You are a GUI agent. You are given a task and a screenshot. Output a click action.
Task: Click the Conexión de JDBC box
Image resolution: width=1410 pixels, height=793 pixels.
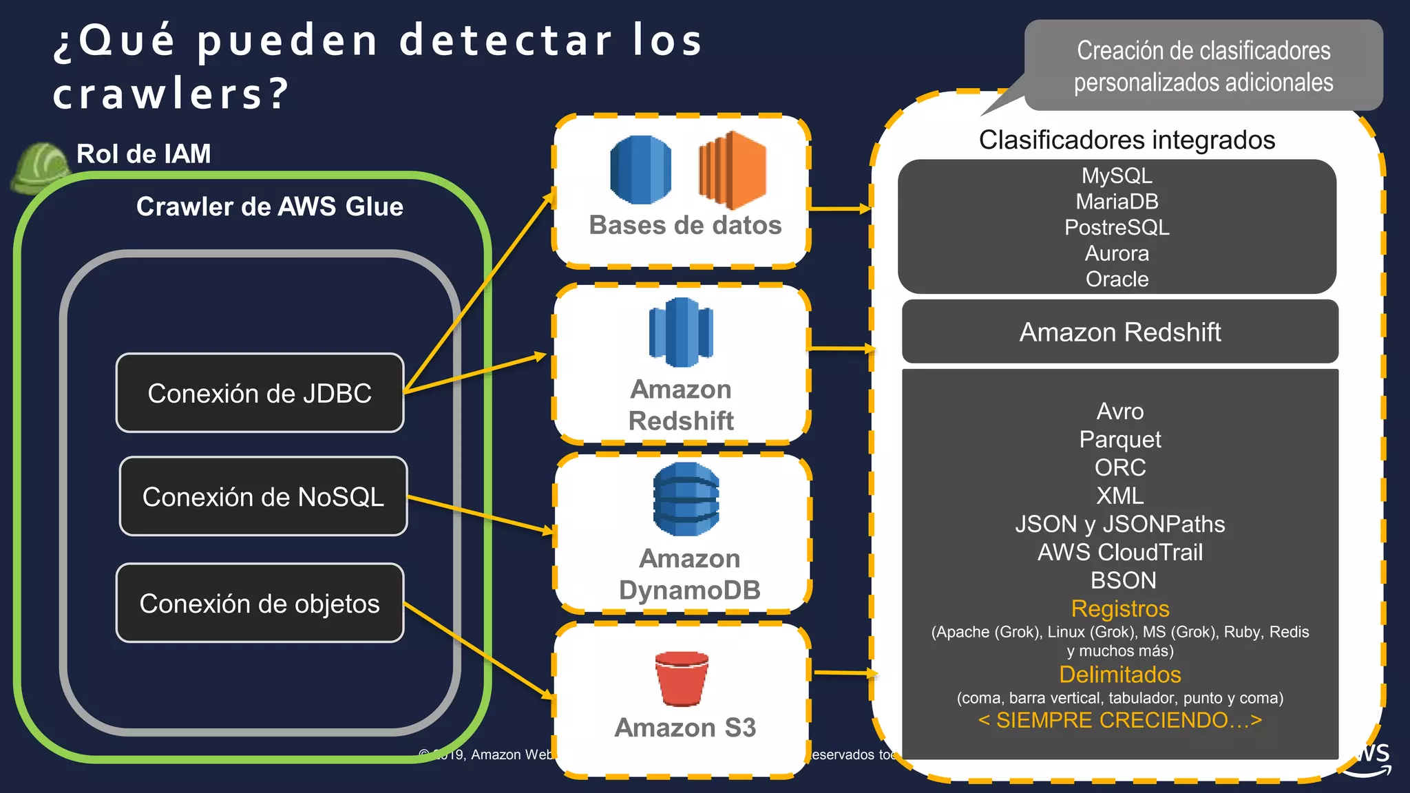tap(260, 393)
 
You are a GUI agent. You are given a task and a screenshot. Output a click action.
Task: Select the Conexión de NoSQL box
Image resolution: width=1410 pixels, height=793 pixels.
tap(263, 496)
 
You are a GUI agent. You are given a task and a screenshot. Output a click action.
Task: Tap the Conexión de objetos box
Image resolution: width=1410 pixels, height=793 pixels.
tap(260, 603)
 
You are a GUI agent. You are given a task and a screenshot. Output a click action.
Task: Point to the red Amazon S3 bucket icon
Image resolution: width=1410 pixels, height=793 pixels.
tap(682, 678)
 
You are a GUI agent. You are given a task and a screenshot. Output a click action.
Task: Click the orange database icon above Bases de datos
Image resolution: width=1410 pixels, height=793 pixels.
tap(732, 170)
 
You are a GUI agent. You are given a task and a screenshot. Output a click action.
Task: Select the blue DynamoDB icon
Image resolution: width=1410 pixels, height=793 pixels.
tap(686, 499)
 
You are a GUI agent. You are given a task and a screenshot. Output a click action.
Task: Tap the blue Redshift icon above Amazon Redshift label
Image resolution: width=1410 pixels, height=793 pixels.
tap(681, 332)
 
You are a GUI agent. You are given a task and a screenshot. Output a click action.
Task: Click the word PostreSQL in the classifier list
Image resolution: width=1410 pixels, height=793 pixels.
tap(1117, 227)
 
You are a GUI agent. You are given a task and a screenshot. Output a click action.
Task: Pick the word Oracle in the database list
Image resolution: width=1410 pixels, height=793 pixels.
tap(1117, 279)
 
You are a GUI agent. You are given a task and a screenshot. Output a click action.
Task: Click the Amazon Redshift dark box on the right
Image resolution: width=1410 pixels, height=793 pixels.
tap(1120, 332)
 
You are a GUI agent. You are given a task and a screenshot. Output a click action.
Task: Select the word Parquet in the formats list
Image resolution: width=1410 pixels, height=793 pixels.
tap(1120, 439)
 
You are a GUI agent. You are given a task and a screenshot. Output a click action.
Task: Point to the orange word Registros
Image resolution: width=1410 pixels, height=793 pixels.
tap(1120, 609)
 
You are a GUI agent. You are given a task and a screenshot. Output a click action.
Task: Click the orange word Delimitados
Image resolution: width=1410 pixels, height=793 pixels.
tap(1120, 674)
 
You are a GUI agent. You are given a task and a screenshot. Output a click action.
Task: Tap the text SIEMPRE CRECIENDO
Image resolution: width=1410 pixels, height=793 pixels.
tap(1120, 720)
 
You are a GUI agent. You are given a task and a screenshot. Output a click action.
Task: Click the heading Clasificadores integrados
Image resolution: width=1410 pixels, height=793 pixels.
tap(1127, 140)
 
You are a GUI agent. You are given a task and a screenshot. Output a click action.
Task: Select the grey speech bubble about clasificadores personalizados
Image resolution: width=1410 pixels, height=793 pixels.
tap(1203, 65)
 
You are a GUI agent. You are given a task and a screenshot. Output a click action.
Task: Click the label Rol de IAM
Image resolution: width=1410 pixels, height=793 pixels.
tap(143, 154)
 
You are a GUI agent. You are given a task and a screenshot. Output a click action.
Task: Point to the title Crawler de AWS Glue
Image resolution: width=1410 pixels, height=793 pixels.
tap(270, 207)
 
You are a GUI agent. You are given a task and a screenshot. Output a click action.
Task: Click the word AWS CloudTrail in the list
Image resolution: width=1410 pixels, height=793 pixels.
tap(1120, 552)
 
